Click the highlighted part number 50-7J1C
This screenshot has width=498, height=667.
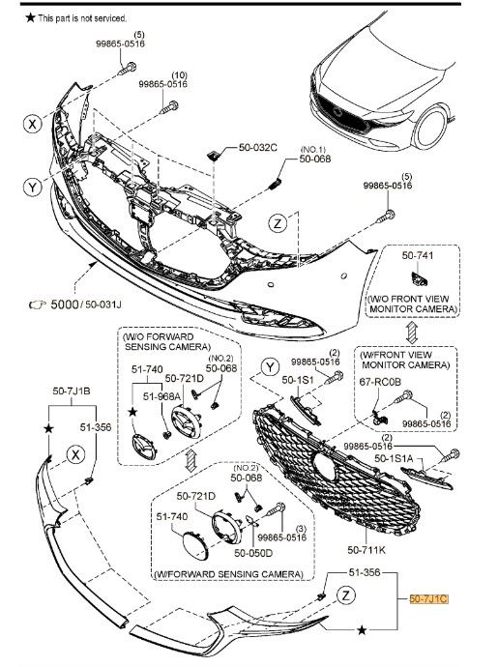point(428,599)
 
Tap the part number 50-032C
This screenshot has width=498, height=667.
point(258,148)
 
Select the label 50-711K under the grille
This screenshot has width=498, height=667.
point(366,550)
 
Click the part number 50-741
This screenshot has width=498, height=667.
point(418,255)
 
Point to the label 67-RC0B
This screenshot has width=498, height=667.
point(380,382)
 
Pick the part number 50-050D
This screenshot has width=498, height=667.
point(253,553)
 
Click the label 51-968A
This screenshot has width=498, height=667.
point(161,396)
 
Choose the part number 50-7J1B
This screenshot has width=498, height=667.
point(72,391)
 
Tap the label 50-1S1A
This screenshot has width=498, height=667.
point(394,458)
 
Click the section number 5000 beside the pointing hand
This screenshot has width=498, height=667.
point(65,304)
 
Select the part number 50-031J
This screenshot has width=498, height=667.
point(103,304)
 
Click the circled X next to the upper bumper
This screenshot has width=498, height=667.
point(32,124)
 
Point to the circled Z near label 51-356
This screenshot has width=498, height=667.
point(345,594)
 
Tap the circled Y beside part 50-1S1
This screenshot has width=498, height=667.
point(270,367)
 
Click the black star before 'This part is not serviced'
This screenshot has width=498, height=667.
point(30,17)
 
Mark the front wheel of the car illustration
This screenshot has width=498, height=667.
point(430,127)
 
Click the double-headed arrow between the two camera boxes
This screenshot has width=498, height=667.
point(412,333)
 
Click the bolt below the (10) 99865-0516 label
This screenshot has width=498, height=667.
point(169,106)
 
